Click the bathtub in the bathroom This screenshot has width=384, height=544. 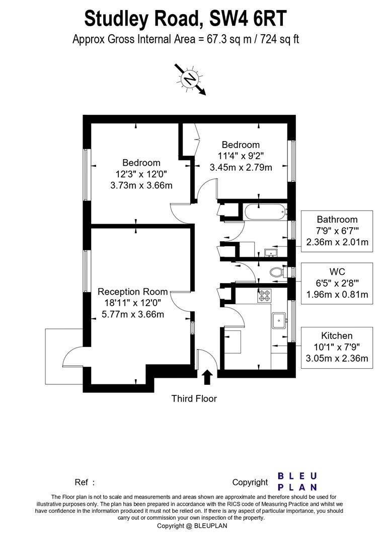265,211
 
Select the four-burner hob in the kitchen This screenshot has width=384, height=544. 264,295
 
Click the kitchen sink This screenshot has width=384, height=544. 279,320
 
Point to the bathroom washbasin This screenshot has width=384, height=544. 270,252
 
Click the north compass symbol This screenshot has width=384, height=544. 190,80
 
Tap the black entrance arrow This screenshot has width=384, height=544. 207,377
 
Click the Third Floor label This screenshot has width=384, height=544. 194,398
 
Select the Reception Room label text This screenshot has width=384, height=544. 133,292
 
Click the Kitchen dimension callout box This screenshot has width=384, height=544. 337,348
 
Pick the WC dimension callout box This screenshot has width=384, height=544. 337,284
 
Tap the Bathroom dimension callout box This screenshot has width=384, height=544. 337,231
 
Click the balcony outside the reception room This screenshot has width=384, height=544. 64,356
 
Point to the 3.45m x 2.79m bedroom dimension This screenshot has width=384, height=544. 241,168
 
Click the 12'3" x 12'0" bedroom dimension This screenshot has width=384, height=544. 141,174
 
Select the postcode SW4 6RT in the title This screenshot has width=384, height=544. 248,19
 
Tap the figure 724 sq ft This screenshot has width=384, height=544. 279,39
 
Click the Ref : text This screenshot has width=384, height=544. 85,482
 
